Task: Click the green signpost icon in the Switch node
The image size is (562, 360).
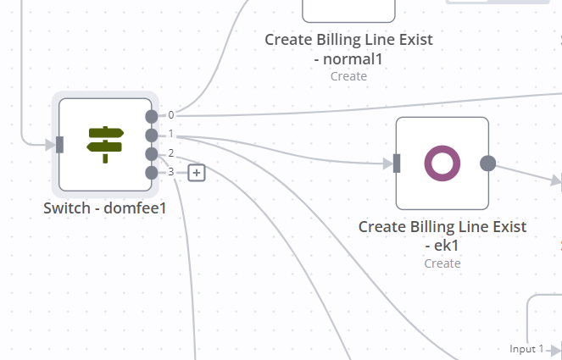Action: [105, 144]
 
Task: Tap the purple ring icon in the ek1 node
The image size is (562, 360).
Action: [442, 163]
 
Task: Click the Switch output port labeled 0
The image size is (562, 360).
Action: [151, 116]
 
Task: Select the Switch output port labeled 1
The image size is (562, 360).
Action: [151, 135]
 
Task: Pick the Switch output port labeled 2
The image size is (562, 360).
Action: [151, 153]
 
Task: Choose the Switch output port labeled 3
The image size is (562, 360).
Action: [151, 173]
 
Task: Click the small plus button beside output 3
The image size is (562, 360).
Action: [197, 173]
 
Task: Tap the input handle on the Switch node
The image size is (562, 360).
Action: [59, 145]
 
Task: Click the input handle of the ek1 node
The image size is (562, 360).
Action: [396, 163]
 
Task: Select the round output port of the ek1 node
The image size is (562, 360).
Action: [488, 163]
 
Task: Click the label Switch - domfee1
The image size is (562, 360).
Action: [104, 208]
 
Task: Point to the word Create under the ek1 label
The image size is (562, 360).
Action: [442, 263]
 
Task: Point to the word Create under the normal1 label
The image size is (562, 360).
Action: [348, 76]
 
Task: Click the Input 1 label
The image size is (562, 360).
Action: [526, 349]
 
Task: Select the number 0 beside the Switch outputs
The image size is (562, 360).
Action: [171, 115]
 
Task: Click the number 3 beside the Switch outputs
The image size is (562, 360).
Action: [171, 172]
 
